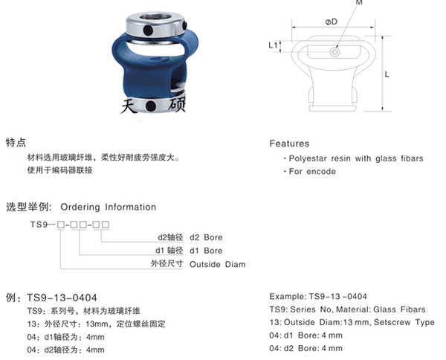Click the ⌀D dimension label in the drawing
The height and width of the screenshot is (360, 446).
pos(332,22)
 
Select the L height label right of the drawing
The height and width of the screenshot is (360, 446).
pos(387,75)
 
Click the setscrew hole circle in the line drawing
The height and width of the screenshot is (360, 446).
pos(336,52)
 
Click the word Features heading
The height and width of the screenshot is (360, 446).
pos(289,144)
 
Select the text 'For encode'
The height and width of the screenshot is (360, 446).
pos(312,172)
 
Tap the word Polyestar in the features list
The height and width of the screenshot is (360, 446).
pos(309,158)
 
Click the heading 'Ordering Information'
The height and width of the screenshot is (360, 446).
pos(108,207)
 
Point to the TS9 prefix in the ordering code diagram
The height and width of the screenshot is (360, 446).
pos(37,224)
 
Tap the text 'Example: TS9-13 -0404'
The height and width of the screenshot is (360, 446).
pos(317,295)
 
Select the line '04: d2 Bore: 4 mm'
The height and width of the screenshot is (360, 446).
pos(306,348)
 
